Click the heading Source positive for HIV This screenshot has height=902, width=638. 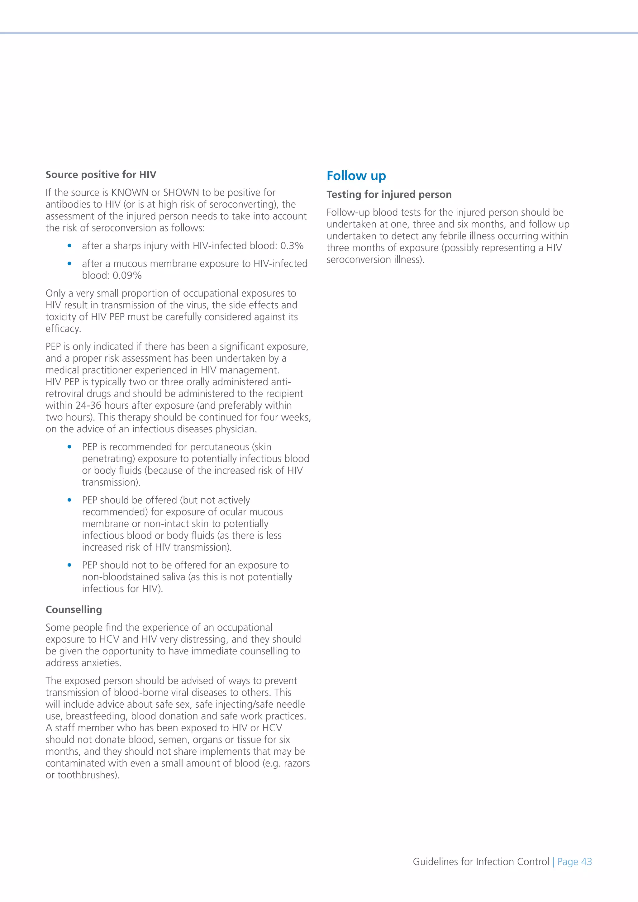101,174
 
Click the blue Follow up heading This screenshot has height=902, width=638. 356,176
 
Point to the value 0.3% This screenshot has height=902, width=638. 292,246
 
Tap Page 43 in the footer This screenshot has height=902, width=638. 574,862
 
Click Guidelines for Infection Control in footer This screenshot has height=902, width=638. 480,862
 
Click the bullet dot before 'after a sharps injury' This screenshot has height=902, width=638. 69,246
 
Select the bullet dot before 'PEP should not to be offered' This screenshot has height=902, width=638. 69,565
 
